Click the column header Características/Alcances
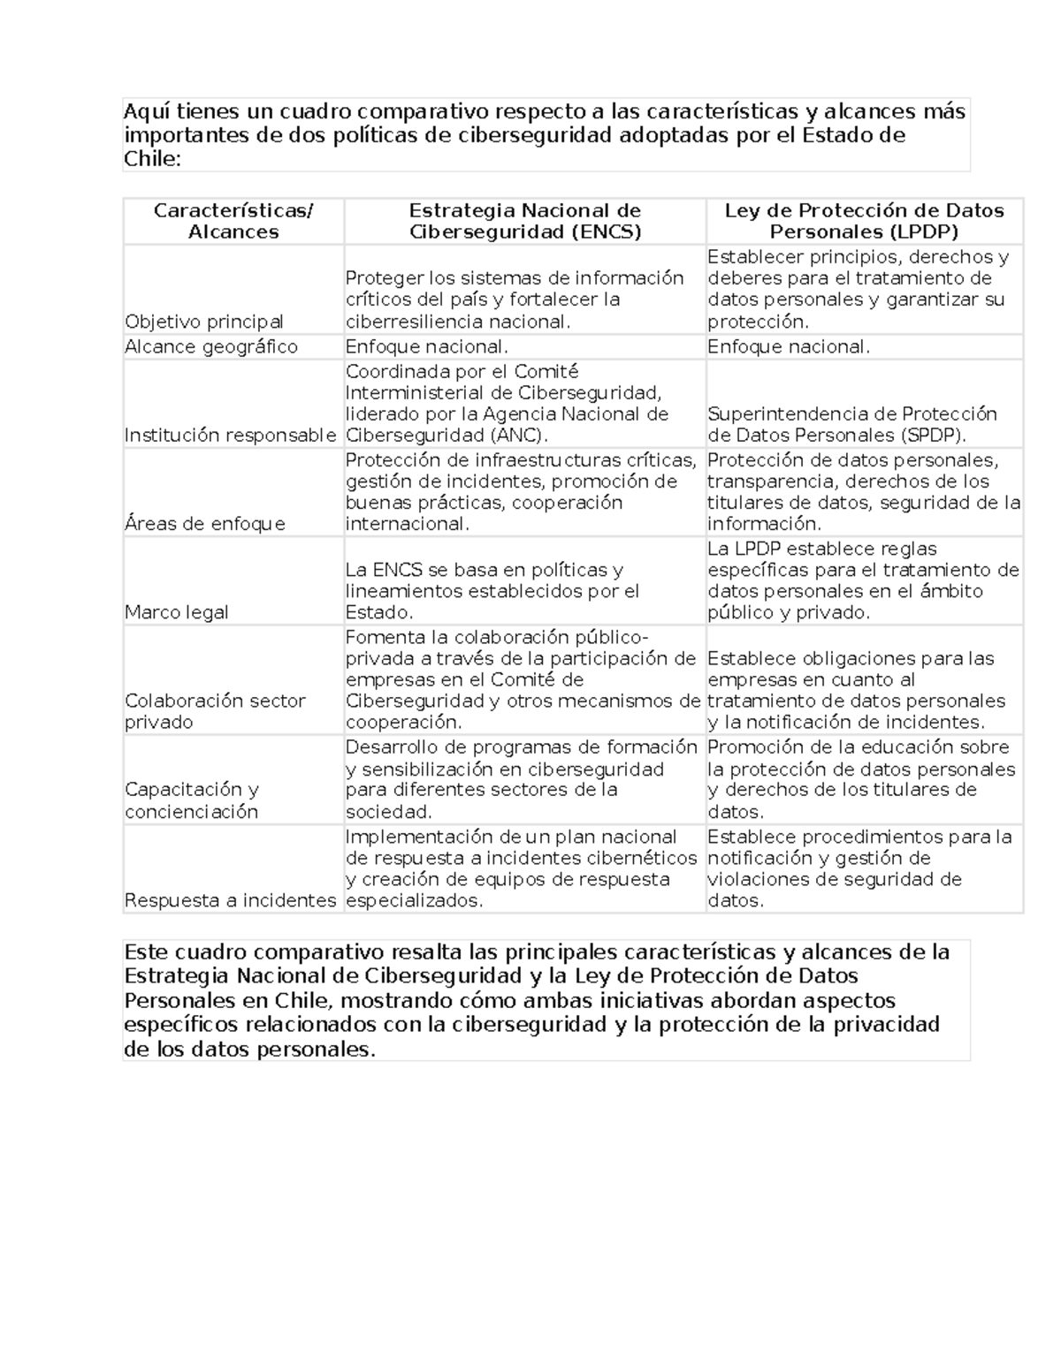[x=233, y=221]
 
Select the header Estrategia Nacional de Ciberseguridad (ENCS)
[x=524, y=221]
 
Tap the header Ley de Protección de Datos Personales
[x=864, y=221]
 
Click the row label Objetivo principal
[x=204, y=322]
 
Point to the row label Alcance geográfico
[x=211, y=346]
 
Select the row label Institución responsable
[x=230, y=435]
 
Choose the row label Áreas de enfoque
[x=205, y=524]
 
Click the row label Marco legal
[x=177, y=612]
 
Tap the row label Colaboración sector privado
[x=215, y=711]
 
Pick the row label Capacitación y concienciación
[x=192, y=800]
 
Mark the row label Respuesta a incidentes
[x=230, y=900]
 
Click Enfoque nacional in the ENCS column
[x=427, y=346]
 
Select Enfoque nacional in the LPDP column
[x=789, y=346]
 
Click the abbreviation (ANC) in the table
[x=530, y=435]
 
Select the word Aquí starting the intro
[x=147, y=112]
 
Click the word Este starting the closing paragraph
[x=147, y=952]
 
